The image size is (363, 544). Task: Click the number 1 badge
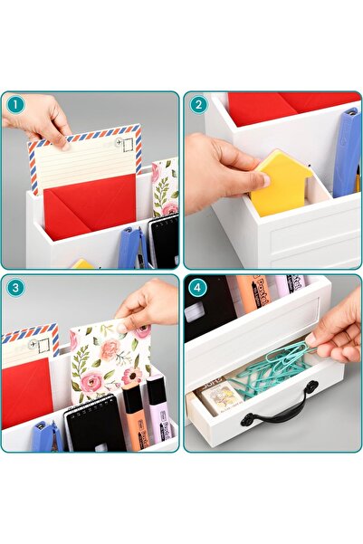pyautogui.click(x=15, y=105)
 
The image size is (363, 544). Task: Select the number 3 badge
pyautogui.click(x=15, y=289)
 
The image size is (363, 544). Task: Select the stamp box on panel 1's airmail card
pyautogui.click(x=127, y=141)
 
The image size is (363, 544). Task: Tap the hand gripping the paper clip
pyautogui.click(x=338, y=335)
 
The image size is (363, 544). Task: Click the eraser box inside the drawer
pyautogui.click(x=221, y=396)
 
